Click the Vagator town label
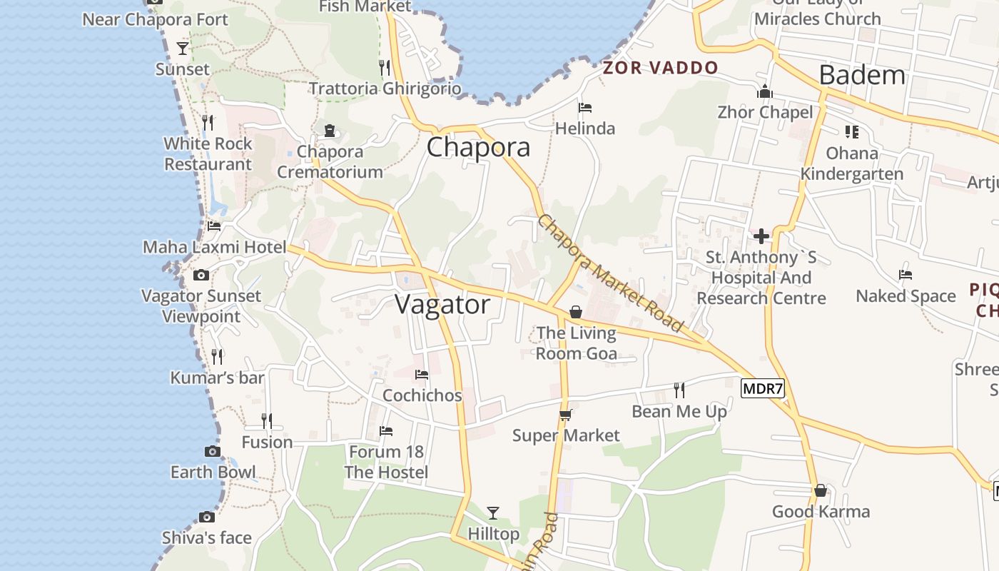442,305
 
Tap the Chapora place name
478,147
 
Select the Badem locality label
861,75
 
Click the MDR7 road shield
763,390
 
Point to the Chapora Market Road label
610,273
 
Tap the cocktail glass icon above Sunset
183,49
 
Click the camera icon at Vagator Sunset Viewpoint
201,276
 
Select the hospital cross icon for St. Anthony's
761,236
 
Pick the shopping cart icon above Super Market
566,415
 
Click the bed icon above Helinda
585,108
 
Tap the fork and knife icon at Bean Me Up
679,390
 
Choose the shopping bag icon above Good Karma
821,491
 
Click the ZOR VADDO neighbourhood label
660,68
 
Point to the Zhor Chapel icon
765,92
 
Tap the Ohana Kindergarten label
852,163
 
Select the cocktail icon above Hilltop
492,512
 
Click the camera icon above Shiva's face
207,517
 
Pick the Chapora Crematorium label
330,161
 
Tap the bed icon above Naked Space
906,275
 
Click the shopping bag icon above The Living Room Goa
576,313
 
